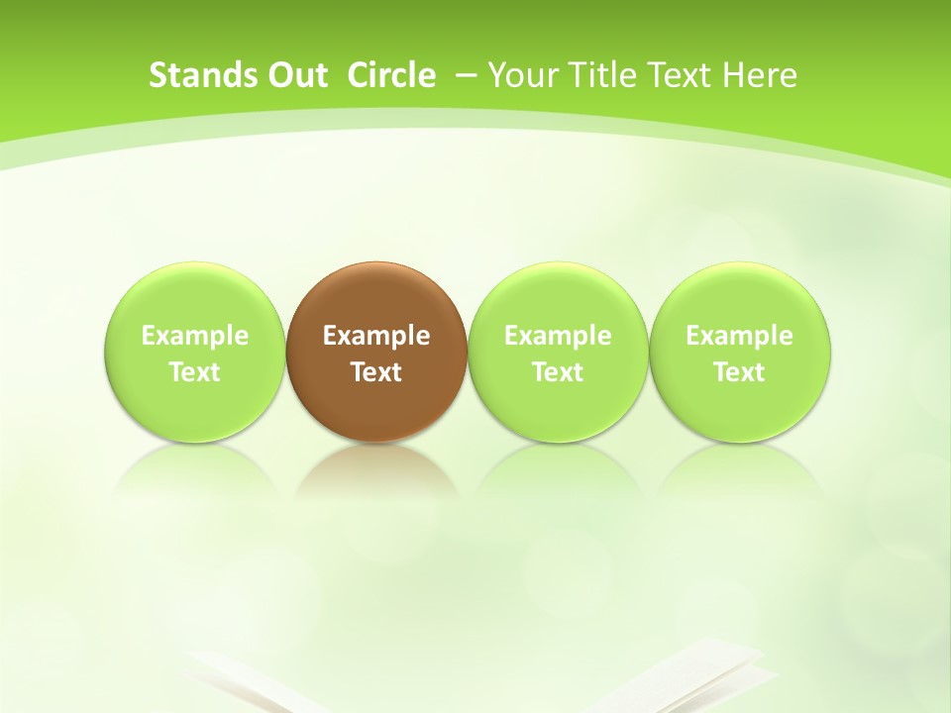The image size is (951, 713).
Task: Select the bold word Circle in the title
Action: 391,75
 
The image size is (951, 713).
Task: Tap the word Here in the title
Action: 760,75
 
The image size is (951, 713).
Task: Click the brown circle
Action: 376,297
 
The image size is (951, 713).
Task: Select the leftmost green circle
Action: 195,297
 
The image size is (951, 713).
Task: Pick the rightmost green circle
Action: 740,297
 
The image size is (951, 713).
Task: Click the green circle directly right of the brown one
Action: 558,297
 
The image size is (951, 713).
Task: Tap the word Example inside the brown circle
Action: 376,336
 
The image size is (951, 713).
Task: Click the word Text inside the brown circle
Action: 376,372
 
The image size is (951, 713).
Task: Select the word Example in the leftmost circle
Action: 195,336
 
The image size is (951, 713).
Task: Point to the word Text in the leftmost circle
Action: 195,372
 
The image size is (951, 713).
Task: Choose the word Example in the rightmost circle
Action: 740,336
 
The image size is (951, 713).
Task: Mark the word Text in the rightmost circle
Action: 740,372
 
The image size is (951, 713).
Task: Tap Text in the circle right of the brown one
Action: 558,372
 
